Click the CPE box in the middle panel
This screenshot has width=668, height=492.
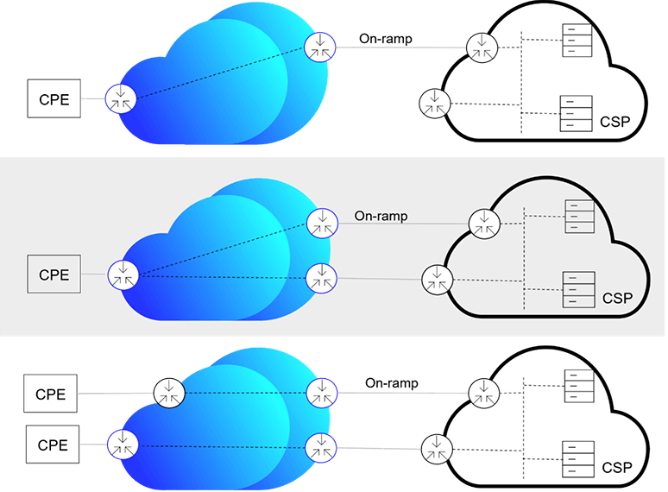(x=54, y=275)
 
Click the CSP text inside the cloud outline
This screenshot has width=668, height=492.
(x=617, y=299)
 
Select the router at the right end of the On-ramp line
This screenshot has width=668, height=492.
(x=482, y=224)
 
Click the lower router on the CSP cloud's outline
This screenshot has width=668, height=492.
(x=437, y=279)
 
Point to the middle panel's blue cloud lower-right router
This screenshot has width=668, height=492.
(x=321, y=277)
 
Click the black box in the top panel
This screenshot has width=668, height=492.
(x=54, y=98)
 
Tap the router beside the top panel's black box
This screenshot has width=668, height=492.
(x=120, y=98)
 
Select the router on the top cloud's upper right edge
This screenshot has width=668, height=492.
(x=320, y=46)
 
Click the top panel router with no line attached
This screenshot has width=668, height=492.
(x=434, y=104)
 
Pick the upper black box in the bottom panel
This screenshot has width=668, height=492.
(x=50, y=393)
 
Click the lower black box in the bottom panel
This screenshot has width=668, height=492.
(x=53, y=445)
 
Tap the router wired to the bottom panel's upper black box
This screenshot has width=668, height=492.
(x=169, y=393)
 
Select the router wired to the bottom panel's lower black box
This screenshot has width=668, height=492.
(x=123, y=445)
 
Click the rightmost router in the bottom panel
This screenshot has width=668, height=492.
(x=483, y=393)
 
